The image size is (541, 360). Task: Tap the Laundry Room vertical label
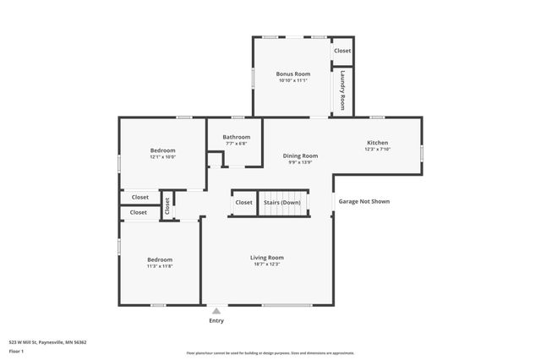coord(342,90)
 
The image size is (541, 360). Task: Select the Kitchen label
coord(377,143)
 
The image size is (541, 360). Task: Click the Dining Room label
coord(300,155)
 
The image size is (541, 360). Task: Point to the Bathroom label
coord(236,137)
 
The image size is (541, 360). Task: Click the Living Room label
coord(266,257)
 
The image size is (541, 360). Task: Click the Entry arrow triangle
coord(216,311)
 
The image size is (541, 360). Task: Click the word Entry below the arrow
coord(216,321)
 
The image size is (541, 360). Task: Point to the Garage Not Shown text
coord(364,201)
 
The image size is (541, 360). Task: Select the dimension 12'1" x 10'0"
coord(162,157)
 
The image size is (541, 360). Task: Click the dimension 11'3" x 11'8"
coord(160,266)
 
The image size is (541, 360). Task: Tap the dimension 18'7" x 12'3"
coord(266,264)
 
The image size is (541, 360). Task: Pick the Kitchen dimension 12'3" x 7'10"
coord(377,150)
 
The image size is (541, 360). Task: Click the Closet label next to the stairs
coord(243,203)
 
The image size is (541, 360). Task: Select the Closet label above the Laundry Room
coord(342,51)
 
